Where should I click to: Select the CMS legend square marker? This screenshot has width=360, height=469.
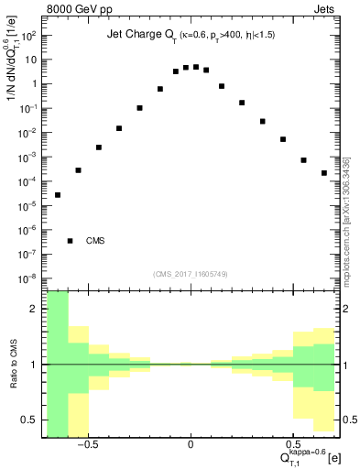[71, 241]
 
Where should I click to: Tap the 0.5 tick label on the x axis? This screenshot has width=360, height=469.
[293, 445]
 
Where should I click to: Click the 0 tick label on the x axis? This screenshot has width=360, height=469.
[191, 445]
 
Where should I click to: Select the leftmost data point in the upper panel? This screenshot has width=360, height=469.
[58, 194]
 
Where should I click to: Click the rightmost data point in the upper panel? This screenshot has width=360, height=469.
[324, 172]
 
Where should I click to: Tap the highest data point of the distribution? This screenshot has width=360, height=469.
[196, 67]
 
